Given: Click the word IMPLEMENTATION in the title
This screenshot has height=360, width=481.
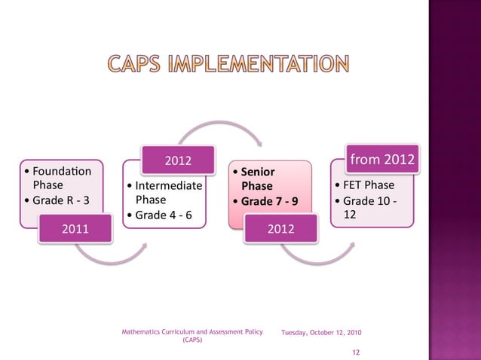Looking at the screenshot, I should [266, 65].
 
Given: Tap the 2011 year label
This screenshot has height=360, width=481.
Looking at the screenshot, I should [74, 229].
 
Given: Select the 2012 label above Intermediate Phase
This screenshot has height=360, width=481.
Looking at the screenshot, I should [178, 160].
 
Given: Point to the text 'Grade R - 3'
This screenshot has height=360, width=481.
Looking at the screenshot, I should [60, 200].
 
